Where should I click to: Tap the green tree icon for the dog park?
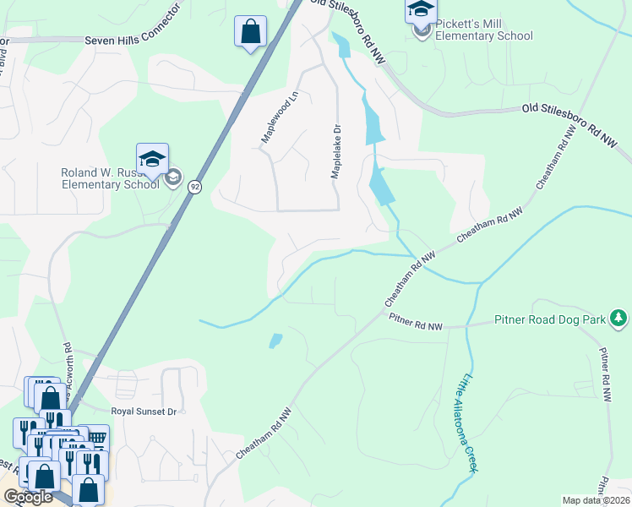click(619, 318)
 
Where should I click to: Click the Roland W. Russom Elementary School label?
click(110, 178)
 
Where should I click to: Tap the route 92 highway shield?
click(193, 187)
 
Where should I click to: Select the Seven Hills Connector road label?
click(133, 40)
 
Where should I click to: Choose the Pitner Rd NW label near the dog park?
click(416, 322)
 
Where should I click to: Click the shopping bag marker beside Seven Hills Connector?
click(250, 32)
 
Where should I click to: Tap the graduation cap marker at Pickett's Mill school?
click(420, 10)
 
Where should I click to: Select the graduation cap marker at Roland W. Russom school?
click(153, 158)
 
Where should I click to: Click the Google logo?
click(28, 497)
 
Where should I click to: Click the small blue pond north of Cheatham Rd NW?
click(275, 341)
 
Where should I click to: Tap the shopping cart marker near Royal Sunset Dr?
click(97, 438)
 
